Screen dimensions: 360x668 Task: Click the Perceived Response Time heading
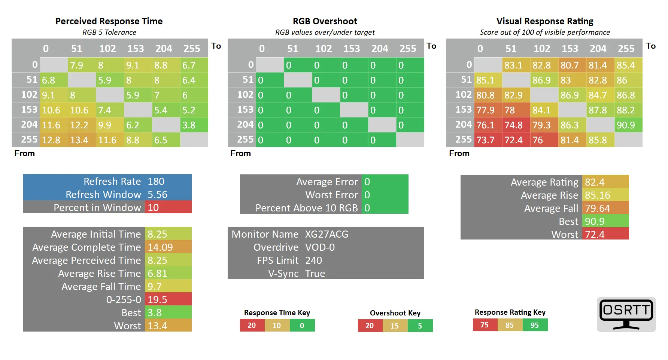point(109,21)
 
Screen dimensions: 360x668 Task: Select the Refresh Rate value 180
point(156,181)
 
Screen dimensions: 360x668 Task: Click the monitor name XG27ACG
point(327,234)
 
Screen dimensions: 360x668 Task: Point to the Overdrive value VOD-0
point(320,247)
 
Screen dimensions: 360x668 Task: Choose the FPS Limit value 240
point(313,260)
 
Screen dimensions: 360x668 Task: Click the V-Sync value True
point(315,274)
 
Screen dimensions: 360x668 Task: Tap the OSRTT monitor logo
point(626,314)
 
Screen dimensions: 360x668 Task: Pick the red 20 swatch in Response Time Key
point(252,326)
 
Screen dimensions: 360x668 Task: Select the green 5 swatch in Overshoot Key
point(420,326)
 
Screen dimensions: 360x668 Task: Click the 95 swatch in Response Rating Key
point(535,325)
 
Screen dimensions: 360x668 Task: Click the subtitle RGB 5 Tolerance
point(109,33)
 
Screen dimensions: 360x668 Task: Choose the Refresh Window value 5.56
point(157,195)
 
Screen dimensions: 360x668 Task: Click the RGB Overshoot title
point(325,21)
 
